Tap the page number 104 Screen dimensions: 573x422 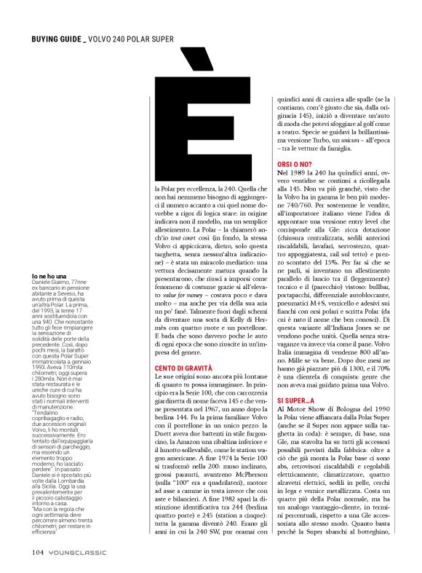[x=39, y=552]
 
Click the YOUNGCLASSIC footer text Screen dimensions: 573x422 [x=79, y=552]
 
